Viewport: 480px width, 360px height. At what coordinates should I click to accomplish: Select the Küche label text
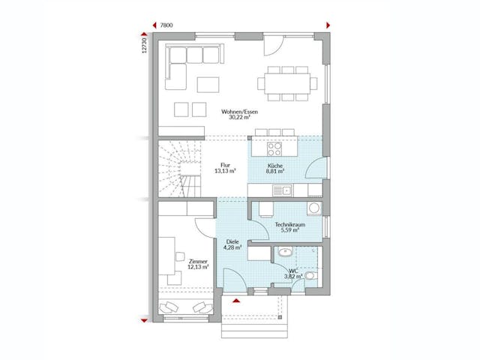point(275,164)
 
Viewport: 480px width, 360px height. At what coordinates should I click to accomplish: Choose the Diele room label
point(232,241)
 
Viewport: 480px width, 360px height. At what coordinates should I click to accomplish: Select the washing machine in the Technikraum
point(316,208)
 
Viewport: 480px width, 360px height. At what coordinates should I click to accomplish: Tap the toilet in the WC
point(311,276)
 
